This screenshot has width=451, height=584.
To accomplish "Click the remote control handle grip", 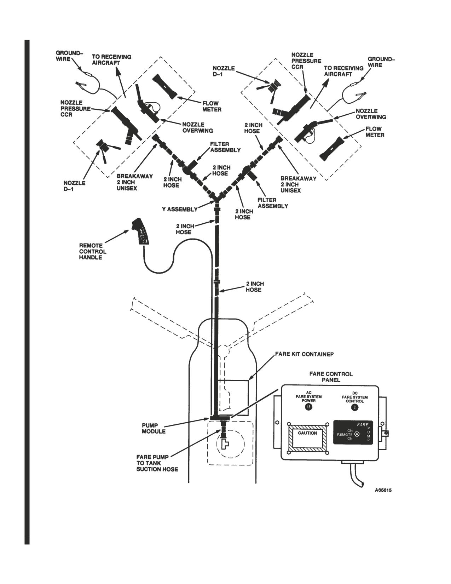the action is (141, 231).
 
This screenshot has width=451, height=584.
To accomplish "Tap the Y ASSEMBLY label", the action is (180, 210).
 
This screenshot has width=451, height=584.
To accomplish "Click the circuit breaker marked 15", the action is (308, 407).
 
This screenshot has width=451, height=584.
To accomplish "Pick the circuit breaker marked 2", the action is (354, 407).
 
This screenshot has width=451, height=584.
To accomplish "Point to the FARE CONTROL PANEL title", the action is (331, 377).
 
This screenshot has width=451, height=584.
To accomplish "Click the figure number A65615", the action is (383, 490).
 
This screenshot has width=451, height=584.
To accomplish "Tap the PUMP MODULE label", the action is (154, 428).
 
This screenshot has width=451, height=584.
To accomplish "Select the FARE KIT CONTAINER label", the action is (304, 354).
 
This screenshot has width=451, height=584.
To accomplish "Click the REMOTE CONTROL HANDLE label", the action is (93, 252).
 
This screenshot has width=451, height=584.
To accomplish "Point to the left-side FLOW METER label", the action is (212, 107).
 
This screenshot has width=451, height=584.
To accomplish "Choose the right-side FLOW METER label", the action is (375, 132).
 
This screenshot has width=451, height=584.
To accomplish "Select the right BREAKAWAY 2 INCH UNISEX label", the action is (298, 184).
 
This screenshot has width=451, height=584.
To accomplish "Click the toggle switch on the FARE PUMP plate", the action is (357, 435).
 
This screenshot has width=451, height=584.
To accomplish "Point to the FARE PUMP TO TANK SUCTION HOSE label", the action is (157, 463).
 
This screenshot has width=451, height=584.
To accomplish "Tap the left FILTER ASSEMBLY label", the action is (225, 147).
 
